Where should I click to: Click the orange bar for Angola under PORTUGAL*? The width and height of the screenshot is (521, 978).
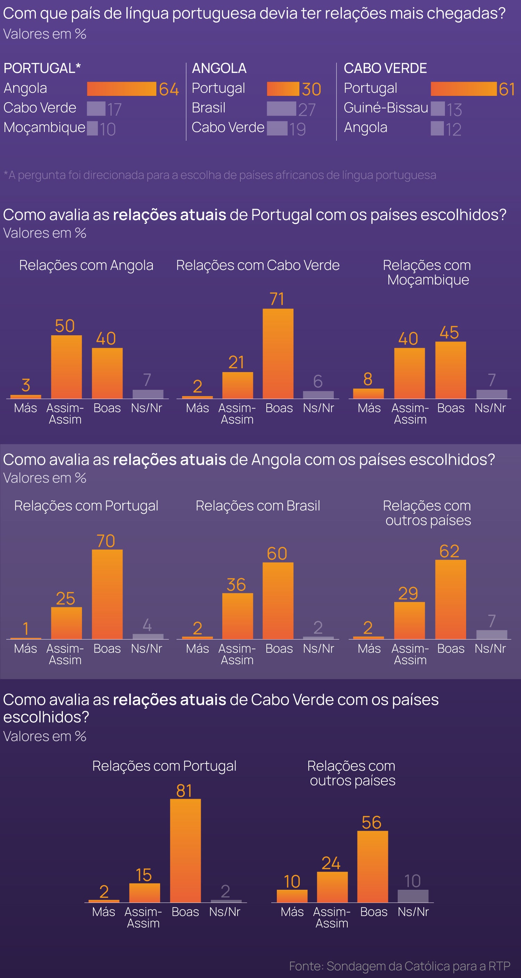(122, 89)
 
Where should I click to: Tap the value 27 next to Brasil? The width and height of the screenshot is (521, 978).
(307, 110)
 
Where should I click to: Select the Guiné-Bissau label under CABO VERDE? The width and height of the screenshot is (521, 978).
(386, 108)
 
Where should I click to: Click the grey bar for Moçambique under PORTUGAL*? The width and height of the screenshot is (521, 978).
(92, 128)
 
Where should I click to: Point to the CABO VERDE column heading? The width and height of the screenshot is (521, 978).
(385, 68)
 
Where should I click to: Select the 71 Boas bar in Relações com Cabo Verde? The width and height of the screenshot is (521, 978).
(278, 353)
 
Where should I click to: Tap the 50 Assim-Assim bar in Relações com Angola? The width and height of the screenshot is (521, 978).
(66, 367)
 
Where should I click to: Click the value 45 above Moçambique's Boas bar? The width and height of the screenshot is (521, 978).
(449, 332)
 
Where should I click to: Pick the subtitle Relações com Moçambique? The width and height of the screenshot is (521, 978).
(428, 272)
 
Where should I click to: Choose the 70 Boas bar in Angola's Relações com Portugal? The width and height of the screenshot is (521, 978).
(107, 594)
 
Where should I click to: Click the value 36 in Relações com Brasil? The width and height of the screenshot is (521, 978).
(236, 585)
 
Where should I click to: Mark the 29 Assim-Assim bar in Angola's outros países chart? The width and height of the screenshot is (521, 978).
(410, 621)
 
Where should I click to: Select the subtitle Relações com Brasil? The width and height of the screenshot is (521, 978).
(258, 506)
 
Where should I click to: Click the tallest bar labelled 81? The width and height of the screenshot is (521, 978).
(185, 850)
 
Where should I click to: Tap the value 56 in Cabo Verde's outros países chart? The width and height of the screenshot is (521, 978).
(371, 823)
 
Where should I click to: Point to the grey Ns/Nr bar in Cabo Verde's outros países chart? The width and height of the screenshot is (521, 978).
(413, 896)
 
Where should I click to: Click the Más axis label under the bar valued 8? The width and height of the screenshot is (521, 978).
(369, 408)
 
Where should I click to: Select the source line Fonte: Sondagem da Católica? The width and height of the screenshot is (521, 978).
(399, 966)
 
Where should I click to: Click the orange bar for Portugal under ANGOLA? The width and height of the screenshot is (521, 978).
(283, 89)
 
